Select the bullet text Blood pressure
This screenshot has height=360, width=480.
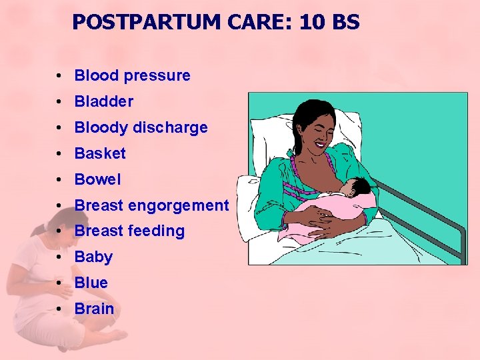click(132, 76)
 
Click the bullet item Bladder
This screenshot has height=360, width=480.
click(103, 102)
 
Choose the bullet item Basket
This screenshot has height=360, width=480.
click(100, 153)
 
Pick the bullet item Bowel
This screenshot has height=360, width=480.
click(98, 179)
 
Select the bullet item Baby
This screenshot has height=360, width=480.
click(93, 257)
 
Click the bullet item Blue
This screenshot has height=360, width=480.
click(91, 283)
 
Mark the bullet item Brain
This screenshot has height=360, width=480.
click(94, 309)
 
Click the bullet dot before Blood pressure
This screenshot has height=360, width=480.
click(60, 76)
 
